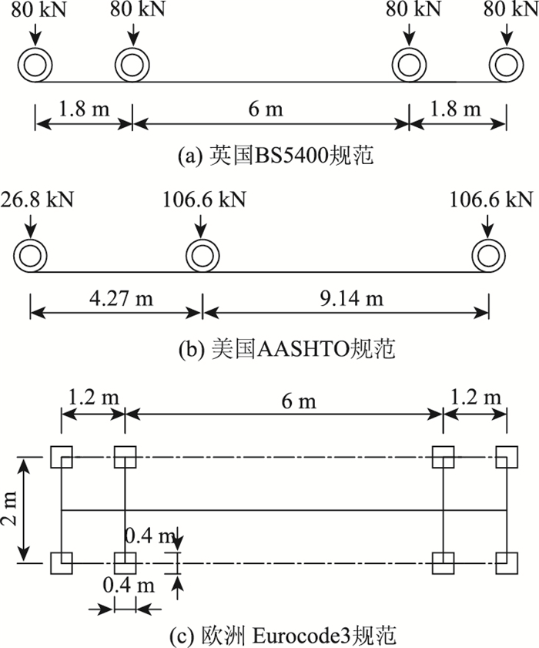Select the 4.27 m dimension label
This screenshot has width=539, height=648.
pyautogui.click(x=115, y=297)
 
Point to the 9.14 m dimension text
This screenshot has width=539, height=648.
pyautogui.click(x=345, y=297)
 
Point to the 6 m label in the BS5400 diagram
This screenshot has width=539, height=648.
pyautogui.click(x=270, y=109)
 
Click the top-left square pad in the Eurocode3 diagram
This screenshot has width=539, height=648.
pyautogui.click(x=61, y=457)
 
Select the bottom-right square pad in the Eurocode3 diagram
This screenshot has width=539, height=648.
pyautogui.click(x=507, y=563)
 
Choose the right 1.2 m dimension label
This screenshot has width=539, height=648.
pyautogui.click(x=476, y=398)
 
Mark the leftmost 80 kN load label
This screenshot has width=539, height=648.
pyautogui.click(x=35, y=10)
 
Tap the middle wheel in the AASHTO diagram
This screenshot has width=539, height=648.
pyautogui.click(x=202, y=255)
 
